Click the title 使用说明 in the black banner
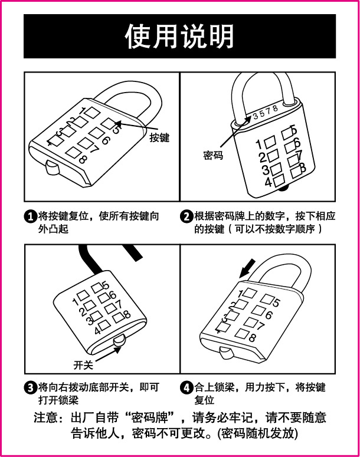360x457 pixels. [179, 37]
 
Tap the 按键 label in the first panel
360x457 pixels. [159, 137]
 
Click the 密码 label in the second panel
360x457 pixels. [212, 156]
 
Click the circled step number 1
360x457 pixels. [30, 216]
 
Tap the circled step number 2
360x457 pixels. [186, 216]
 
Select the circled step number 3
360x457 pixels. [30, 388]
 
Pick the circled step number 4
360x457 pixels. [186, 388]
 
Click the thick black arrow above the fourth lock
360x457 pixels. [248, 267]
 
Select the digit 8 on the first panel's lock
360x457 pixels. [83, 159]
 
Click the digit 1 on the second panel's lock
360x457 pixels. [258, 144]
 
